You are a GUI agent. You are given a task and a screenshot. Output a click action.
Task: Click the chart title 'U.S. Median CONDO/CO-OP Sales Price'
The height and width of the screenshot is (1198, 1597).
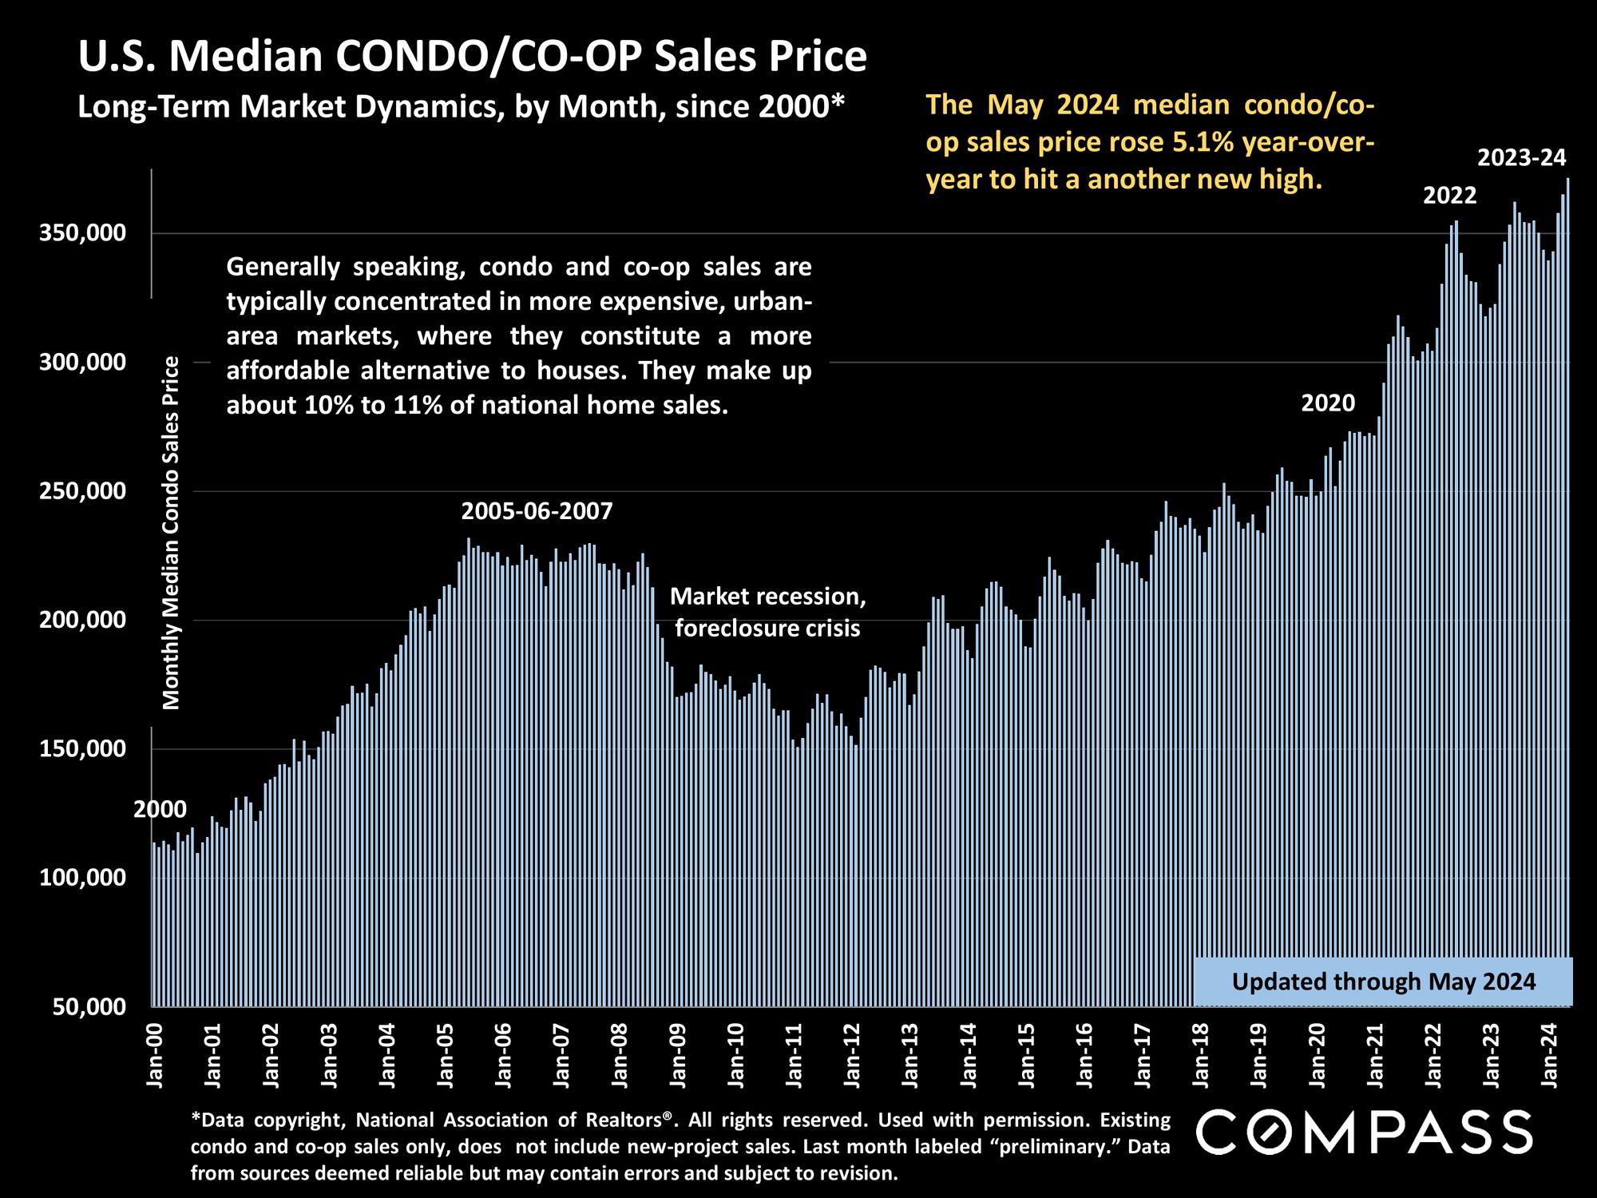(472, 58)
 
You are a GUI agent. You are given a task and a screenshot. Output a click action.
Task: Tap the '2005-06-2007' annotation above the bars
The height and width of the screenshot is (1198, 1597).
(537, 511)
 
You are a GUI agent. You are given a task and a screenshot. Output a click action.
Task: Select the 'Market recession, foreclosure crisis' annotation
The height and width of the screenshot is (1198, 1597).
(767, 613)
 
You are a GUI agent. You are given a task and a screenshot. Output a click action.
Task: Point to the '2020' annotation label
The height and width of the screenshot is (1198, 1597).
(1328, 403)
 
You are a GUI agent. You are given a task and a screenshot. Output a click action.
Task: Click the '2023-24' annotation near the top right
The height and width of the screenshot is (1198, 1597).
(1522, 158)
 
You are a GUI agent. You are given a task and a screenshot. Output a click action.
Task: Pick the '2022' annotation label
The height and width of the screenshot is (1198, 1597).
(1450, 196)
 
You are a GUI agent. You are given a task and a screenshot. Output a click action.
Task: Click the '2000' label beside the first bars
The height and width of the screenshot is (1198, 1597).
(160, 810)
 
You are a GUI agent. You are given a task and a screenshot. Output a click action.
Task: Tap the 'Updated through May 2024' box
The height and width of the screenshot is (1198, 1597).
(1383, 982)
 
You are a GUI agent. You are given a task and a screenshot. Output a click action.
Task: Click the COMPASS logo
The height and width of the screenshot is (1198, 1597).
(1365, 1132)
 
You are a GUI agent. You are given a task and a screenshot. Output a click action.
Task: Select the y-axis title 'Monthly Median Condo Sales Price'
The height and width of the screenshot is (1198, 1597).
(172, 533)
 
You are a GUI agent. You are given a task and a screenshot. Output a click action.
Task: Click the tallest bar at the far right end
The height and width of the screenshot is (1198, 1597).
(1567, 591)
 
